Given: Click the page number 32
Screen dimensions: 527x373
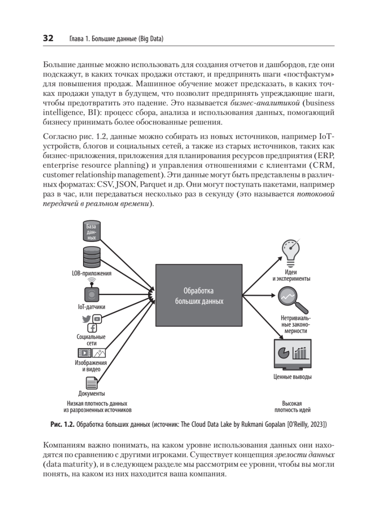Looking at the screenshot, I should coord(47,39).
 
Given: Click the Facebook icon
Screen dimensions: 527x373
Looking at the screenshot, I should coord(92,328).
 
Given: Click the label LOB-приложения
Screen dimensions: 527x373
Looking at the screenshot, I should coord(91,273).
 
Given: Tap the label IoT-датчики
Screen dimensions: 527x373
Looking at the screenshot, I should coord(91,307).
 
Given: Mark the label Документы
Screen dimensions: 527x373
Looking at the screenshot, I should coord(91,394).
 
